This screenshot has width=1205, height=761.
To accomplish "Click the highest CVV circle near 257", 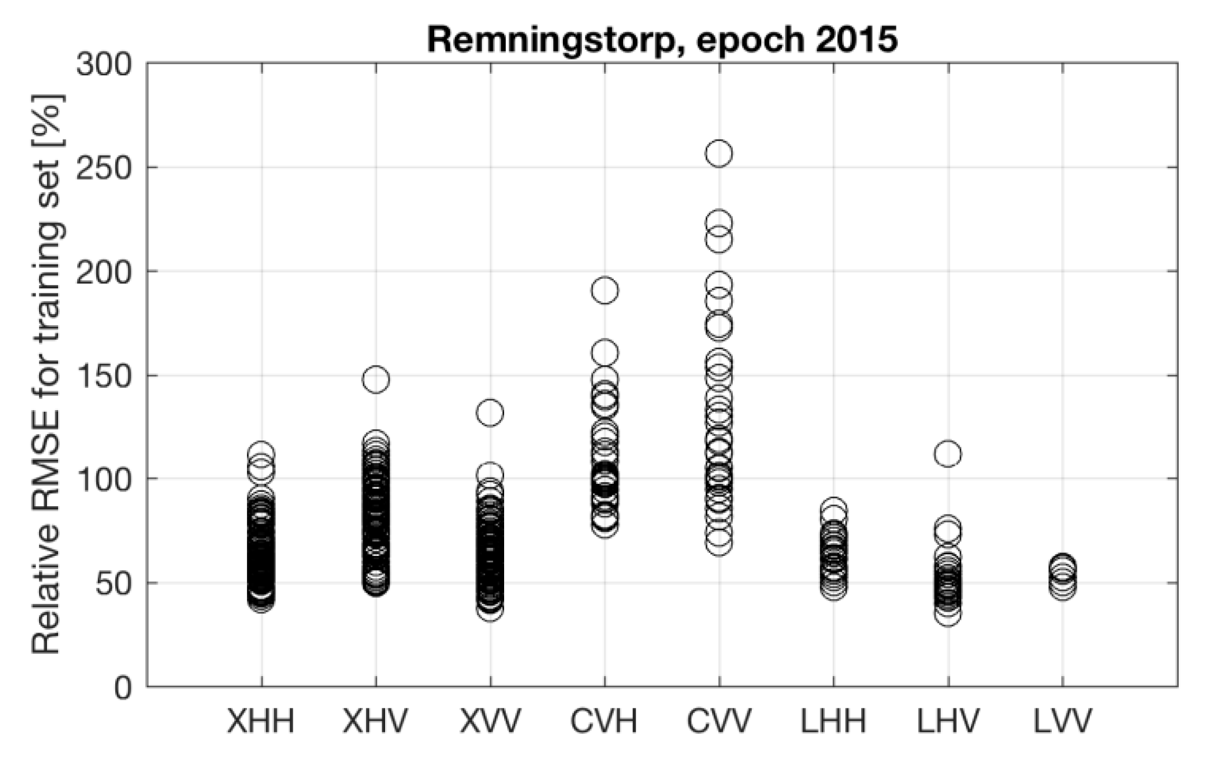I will [719, 154].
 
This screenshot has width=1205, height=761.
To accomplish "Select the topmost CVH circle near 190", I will [605, 291].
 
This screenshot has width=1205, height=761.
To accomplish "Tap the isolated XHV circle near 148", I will [376, 380].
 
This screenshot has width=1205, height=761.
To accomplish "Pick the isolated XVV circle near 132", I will [490, 413].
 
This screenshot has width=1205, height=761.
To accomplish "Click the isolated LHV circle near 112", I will [948, 454].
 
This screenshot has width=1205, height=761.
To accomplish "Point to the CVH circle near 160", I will [605, 353].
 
